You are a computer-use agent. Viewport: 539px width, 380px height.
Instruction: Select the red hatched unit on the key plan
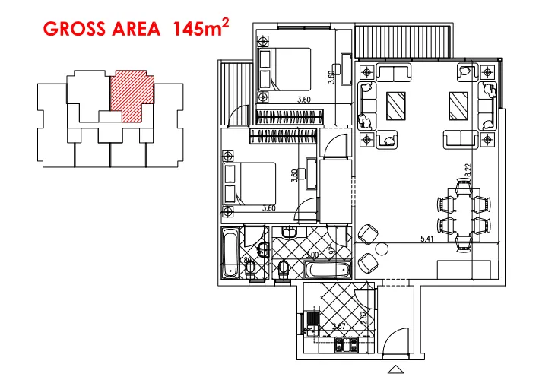click(x=132, y=97)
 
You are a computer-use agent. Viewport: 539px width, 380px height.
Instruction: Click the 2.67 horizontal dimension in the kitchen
click(x=339, y=327)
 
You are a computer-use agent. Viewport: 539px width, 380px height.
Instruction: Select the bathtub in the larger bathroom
click(x=327, y=270)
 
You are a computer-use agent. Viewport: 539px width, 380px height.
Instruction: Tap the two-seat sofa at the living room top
click(x=392, y=72)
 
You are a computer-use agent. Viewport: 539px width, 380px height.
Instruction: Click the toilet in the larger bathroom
click(x=284, y=268)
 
